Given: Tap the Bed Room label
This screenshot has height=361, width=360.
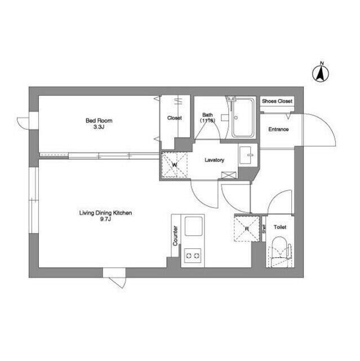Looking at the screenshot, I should point(99,120).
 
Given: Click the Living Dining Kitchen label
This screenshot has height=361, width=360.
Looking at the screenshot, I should point(105,213).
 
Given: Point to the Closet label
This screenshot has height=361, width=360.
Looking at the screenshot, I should point(175,118).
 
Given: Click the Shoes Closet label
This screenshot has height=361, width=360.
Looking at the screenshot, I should point(277,102).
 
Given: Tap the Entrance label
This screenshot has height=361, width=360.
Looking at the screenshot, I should point(278,130).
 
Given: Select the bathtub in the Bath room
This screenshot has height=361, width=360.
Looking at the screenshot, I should point(243,118).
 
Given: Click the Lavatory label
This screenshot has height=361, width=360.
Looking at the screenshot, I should point(214,160).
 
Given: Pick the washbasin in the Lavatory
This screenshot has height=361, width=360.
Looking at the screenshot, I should point(247,154).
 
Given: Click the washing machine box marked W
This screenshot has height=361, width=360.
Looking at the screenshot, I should point(175,165).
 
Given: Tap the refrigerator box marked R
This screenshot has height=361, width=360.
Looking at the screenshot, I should point(246,230).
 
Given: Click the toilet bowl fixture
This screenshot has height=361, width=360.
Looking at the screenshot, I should point(279,250).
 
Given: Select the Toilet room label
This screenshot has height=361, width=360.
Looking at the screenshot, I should point(280,227).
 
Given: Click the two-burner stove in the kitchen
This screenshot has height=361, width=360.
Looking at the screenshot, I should point(193,256).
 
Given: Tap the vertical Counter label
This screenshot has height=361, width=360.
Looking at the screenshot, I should point(176,236).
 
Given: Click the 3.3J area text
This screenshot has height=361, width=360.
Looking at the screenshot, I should point(99,127).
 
